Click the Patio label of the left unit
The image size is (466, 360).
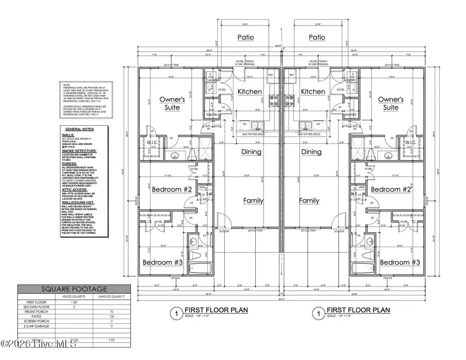coord(245,37)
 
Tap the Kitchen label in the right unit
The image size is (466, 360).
coord(313,92)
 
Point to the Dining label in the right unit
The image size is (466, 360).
coord(312,152)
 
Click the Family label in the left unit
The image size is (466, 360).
coord(252,201)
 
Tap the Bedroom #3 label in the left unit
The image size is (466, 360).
coord(163,262)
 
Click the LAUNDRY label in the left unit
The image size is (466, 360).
coord(214,81)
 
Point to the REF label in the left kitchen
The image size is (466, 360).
coord(270,76)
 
